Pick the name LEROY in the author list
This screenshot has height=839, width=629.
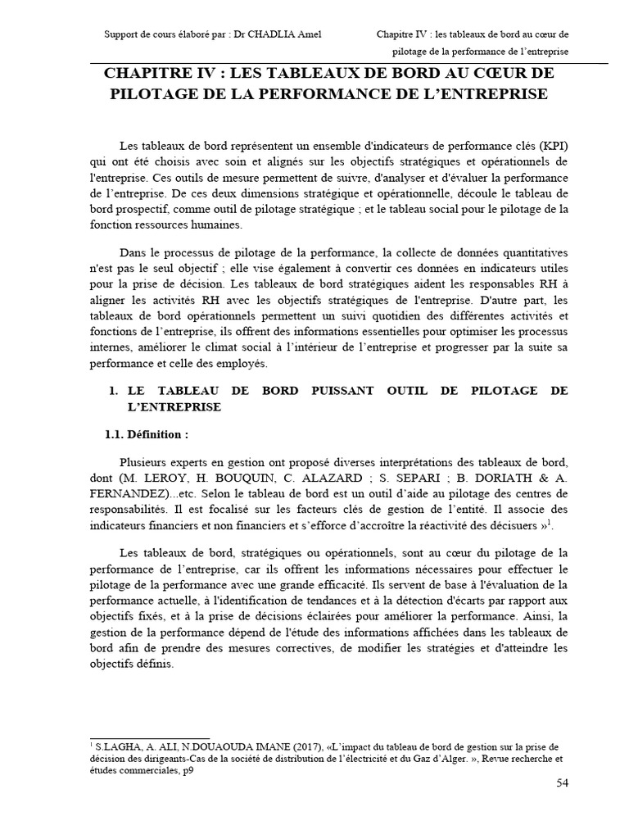(x=169, y=478)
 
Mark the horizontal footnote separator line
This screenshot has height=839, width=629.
(x=150, y=737)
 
